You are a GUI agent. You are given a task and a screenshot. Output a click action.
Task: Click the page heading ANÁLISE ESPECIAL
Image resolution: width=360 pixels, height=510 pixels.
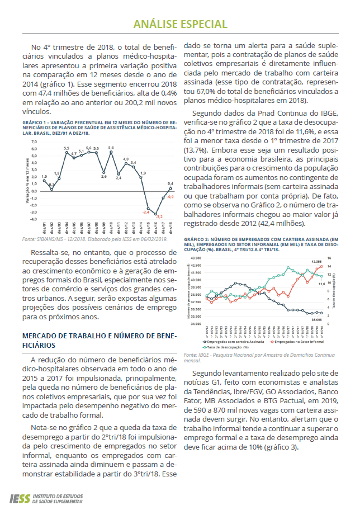(180, 24)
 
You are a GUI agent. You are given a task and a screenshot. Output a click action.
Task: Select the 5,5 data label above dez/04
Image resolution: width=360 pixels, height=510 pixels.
(67, 148)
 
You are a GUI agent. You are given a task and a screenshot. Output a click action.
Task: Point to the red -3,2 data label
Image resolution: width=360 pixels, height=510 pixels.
(159, 216)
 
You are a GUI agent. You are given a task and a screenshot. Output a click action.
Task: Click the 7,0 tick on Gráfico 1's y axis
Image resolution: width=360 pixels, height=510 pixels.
(33, 141)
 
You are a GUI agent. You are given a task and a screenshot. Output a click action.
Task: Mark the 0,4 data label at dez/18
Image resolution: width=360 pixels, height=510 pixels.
(170, 183)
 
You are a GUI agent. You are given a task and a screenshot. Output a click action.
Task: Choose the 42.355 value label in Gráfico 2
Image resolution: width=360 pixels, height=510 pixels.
(318, 261)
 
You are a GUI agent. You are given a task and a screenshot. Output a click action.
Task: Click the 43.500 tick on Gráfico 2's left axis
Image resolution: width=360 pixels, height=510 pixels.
(196, 258)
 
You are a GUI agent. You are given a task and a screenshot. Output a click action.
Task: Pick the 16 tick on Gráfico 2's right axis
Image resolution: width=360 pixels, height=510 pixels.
(330, 258)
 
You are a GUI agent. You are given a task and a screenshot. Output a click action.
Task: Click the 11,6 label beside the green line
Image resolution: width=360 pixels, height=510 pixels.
(322, 284)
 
